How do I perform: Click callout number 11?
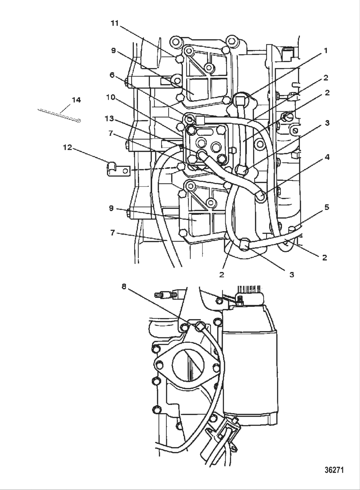point(115,23)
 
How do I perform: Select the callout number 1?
point(325,51)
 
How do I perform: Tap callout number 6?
point(112,75)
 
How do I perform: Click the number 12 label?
point(67,148)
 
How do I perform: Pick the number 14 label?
point(76,100)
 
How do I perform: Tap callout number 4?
point(327,157)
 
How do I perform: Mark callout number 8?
point(124,286)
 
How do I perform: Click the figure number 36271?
point(334,470)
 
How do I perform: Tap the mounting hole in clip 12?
point(125,170)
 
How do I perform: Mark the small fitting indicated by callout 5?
point(292,229)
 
